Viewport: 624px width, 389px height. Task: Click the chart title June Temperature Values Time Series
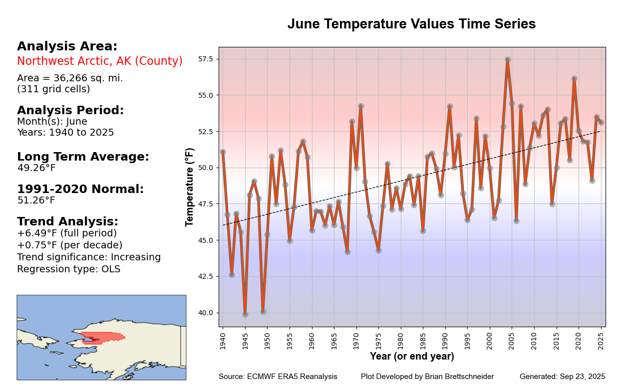(x=411, y=24)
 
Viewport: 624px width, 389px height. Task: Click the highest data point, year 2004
(x=508, y=60)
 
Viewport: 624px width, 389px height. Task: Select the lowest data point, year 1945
(x=245, y=314)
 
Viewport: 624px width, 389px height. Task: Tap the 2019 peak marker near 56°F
(x=574, y=79)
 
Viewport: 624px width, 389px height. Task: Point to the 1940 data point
(x=223, y=152)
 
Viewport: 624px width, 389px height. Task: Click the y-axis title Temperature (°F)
(x=190, y=187)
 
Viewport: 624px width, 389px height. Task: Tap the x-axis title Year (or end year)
(x=412, y=356)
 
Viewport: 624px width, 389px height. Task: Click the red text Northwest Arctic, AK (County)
(x=100, y=61)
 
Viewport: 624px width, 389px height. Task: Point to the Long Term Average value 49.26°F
(x=36, y=168)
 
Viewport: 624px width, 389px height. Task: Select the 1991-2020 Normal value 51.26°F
(x=36, y=200)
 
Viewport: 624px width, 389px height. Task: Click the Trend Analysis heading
(x=67, y=221)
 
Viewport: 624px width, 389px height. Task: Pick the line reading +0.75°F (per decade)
(x=70, y=245)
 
